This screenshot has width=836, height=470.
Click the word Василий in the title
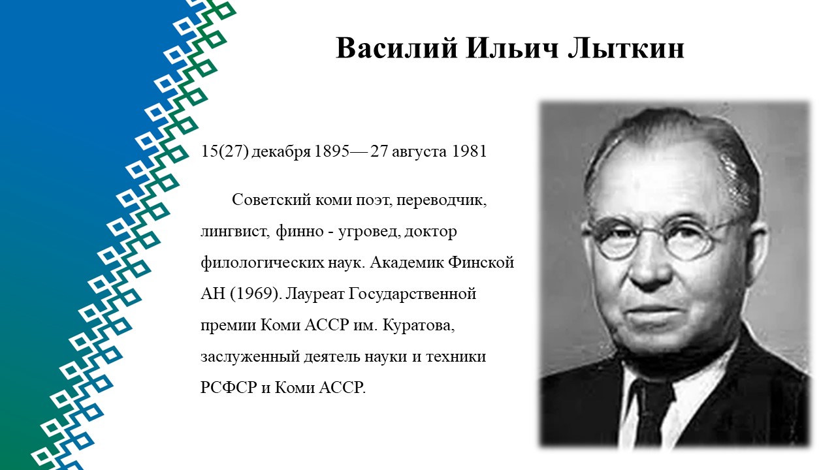click(x=396, y=48)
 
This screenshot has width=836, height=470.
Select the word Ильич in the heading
click(x=513, y=48)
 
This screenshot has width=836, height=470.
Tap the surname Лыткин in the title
click(x=626, y=48)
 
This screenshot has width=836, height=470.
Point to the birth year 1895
click(x=332, y=151)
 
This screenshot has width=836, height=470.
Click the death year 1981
click(x=469, y=151)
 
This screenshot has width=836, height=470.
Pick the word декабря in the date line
click(x=281, y=152)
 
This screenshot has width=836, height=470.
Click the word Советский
click(x=271, y=200)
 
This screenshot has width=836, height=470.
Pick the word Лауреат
click(x=315, y=294)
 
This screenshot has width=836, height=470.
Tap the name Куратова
click(x=419, y=326)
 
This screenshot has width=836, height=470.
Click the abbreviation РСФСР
click(x=229, y=388)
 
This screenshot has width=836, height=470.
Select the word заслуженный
click(x=250, y=357)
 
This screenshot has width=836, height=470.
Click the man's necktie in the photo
click(x=651, y=413)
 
